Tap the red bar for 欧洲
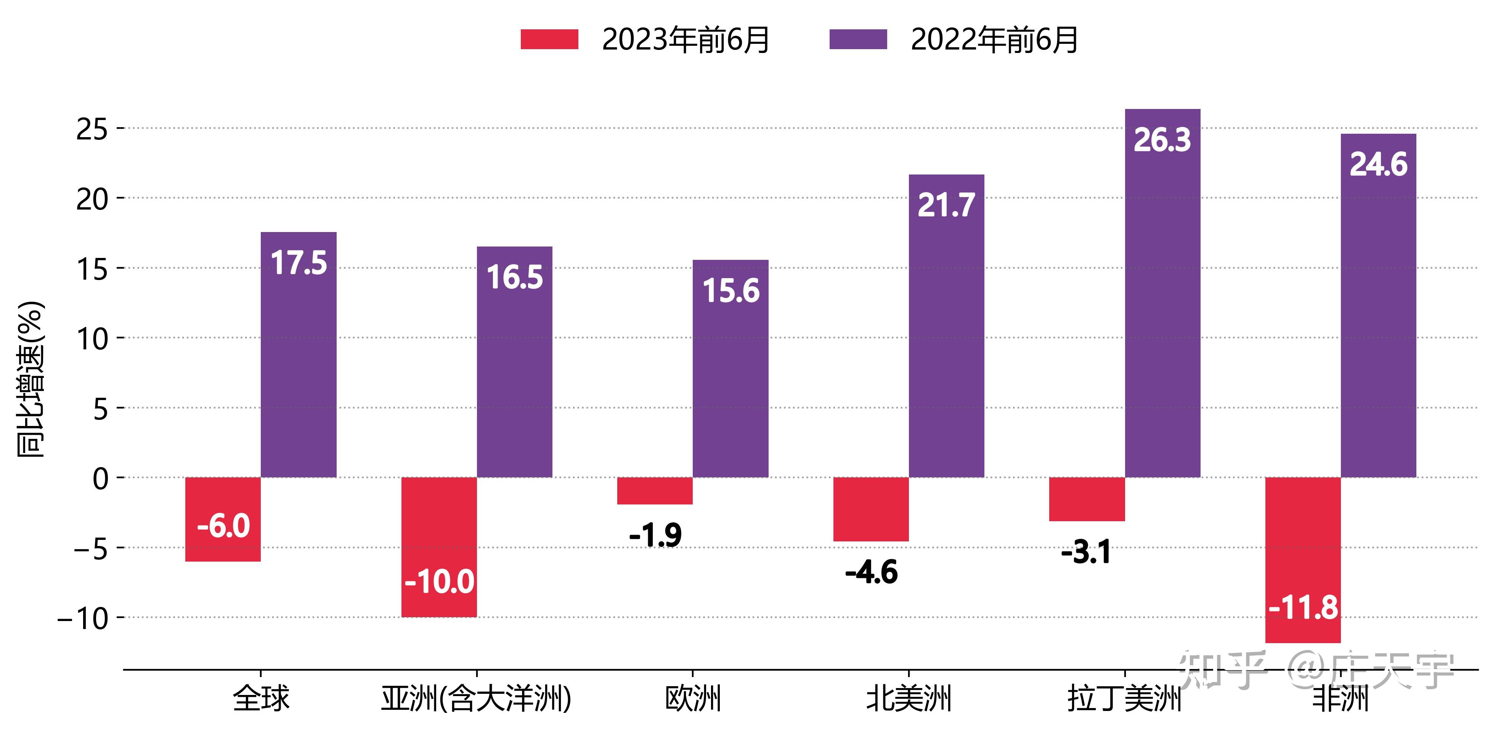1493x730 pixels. [655, 491]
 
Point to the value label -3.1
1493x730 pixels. [1085, 552]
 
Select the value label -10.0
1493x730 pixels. [439, 582]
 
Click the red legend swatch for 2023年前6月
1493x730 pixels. [549, 39]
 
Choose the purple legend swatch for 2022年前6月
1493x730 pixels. [858, 39]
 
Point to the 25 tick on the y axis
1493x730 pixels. [92, 129]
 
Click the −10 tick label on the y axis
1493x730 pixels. [82, 619]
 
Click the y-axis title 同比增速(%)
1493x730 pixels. [30, 379]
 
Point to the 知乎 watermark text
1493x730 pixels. [1223, 670]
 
